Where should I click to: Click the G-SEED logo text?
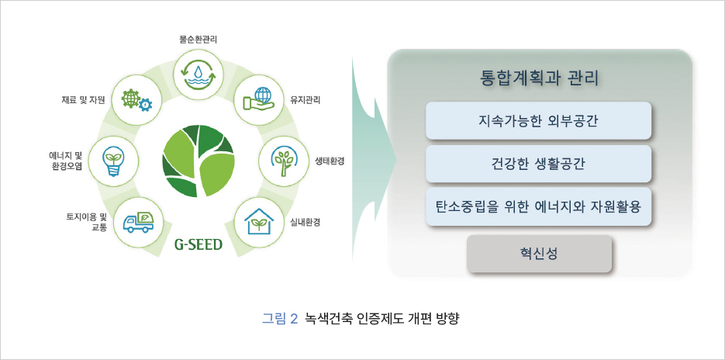198,245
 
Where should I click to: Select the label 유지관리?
306,99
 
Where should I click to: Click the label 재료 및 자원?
84,99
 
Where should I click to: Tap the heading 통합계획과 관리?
539,78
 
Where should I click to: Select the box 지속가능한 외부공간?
539,120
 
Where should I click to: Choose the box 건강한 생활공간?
539,164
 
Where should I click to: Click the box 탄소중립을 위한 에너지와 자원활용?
539,207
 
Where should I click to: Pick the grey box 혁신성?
539,253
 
